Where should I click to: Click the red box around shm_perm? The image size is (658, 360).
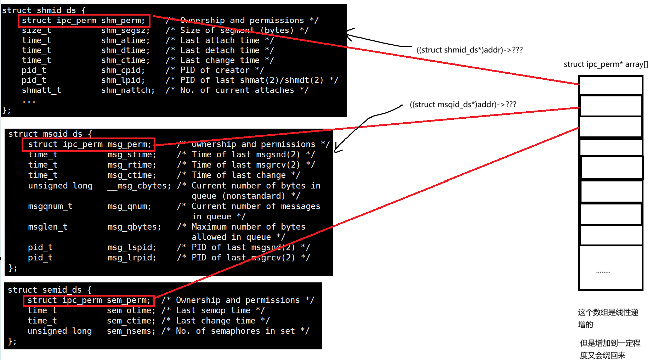point(84,21)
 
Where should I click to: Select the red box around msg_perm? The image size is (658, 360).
point(89,145)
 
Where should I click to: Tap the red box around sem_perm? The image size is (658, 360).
point(89,300)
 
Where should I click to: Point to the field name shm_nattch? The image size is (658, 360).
point(128,90)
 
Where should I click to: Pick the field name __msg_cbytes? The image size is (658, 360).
point(139,186)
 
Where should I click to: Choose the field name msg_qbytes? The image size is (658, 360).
point(134,227)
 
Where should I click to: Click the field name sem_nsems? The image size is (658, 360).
point(131,331)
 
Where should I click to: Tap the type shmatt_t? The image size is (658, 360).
point(41,90)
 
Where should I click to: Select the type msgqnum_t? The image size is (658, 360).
point(50,207)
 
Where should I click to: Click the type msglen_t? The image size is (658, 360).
point(47,227)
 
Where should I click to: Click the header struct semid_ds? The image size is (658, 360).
point(49,290)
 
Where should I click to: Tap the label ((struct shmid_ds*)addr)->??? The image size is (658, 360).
point(469,50)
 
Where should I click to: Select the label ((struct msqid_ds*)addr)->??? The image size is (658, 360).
point(463,105)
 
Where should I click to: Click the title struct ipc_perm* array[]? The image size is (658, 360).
point(606,64)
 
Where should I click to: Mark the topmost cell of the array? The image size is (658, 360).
point(611,85)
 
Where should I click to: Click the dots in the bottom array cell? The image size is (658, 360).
point(603,272)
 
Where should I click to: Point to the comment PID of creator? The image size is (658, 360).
point(215,70)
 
